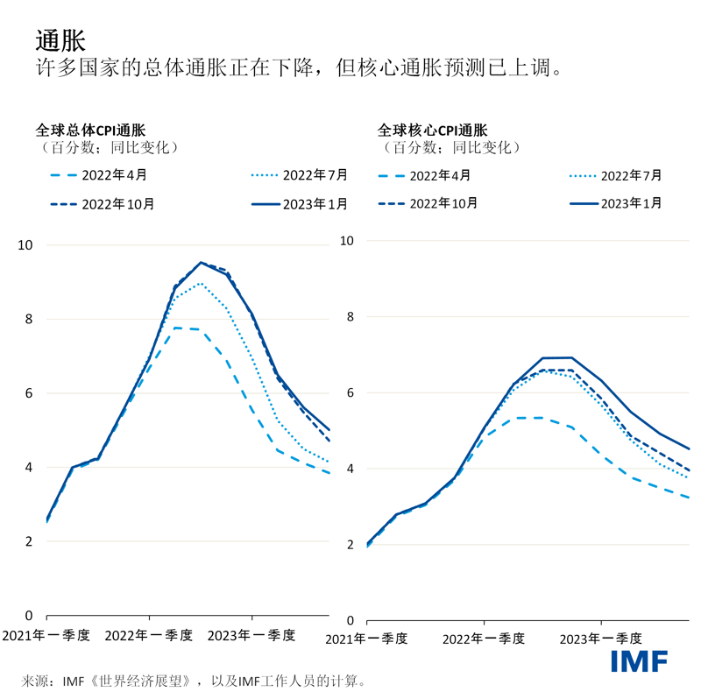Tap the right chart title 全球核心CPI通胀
click(x=433, y=129)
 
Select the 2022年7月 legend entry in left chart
click(x=298, y=174)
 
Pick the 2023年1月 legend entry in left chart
click(x=298, y=203)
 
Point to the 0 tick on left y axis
click(x=29, y=616)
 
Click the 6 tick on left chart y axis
click(x=29, y=393)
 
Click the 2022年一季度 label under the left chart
click(x=148, y=635)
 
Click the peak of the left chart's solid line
click(x=201, y=262)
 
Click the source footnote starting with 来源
click(x=192, y=680)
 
